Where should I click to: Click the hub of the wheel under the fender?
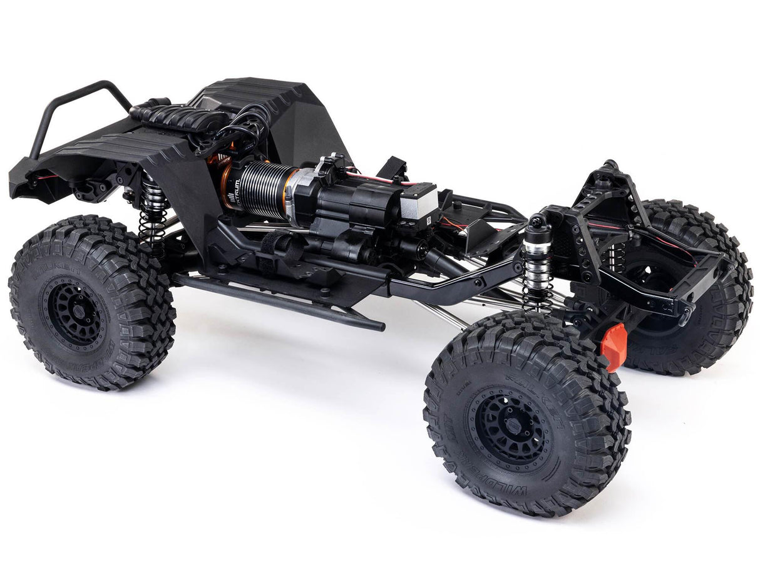74,312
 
